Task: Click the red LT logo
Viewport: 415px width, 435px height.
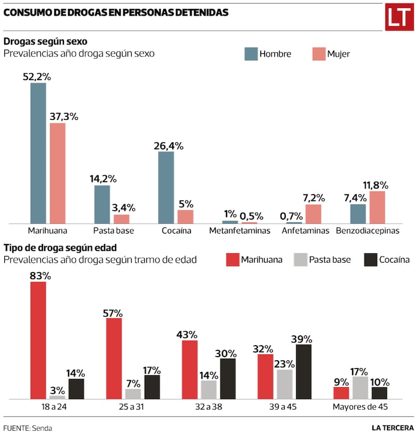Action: tap(398, 18)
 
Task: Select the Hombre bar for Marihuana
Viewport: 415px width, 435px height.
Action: tap(38, 153)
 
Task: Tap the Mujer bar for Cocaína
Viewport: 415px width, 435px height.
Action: tap(185, 216)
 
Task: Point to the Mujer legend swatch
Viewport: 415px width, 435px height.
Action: tap(319, 53)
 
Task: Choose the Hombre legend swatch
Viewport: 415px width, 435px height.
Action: tap(251, 53)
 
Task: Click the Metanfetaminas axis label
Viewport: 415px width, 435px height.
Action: tap(240, 230)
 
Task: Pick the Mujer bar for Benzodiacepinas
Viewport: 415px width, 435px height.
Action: tap(377, 207)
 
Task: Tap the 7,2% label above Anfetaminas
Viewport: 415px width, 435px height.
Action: tap(313, 197)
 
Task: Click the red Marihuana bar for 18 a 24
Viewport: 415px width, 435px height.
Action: tap(38, 341)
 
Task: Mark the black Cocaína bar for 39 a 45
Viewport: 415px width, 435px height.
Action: tap(303, 372)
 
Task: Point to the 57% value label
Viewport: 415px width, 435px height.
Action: tap(113, 312)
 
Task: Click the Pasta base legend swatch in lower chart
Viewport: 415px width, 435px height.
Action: tap(301, 260)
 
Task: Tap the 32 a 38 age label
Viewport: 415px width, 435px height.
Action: tap(208, 407)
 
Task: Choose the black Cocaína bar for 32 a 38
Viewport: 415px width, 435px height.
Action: tap(227, 379)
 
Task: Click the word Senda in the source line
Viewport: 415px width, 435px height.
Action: tap(42, 428)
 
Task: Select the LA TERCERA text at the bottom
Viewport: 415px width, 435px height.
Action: tap(392, 428)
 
